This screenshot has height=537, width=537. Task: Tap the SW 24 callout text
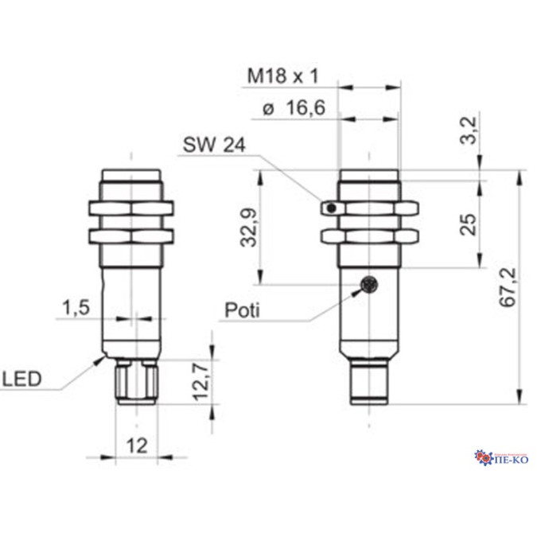(214, 145)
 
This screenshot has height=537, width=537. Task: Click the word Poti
(243, 309)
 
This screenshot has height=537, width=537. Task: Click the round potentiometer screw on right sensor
(368, 285)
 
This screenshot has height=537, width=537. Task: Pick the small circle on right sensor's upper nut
(328, 208)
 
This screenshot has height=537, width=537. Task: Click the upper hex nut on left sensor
(133, 209)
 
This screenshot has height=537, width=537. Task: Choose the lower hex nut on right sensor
(369, 235)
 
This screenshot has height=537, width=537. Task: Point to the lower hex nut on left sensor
(133, 235)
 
